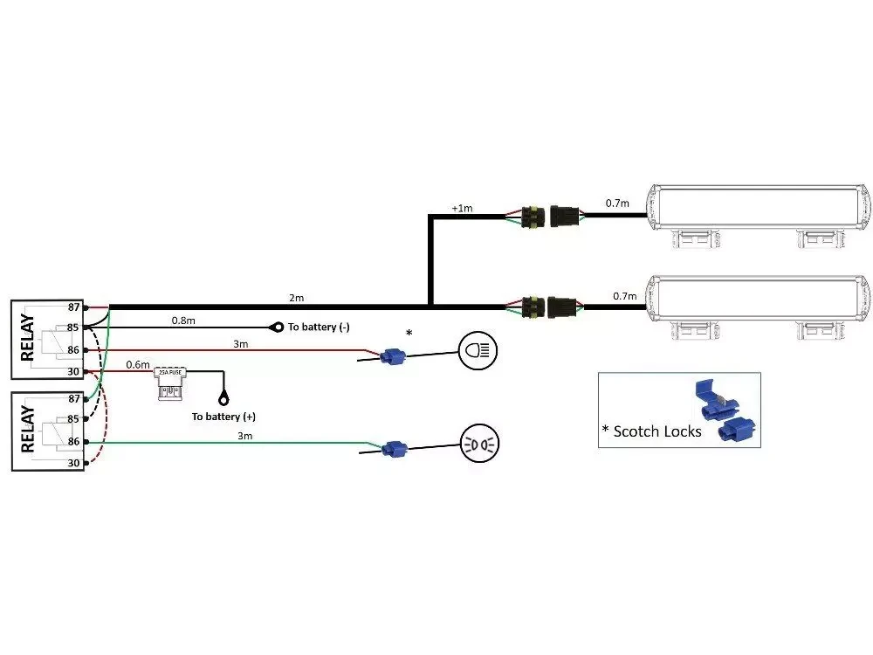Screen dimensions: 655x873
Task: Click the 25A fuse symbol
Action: (x=171, y=383)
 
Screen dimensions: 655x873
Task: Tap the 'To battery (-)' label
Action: (x=320, y=327)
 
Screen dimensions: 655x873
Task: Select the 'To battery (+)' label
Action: (x=223, y=417)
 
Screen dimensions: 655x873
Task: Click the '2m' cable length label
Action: (x=297, y=299)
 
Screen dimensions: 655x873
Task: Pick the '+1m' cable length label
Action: (x=462, y=208)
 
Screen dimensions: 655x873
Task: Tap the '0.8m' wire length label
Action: (x=183, y=320)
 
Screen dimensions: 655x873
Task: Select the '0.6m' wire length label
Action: (x=138, y=364)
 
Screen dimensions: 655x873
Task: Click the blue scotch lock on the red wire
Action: (x=392, y=355)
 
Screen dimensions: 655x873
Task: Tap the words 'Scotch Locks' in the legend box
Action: (x=657, y=431)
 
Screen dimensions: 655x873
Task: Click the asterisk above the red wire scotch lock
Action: (x=409, y=333)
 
